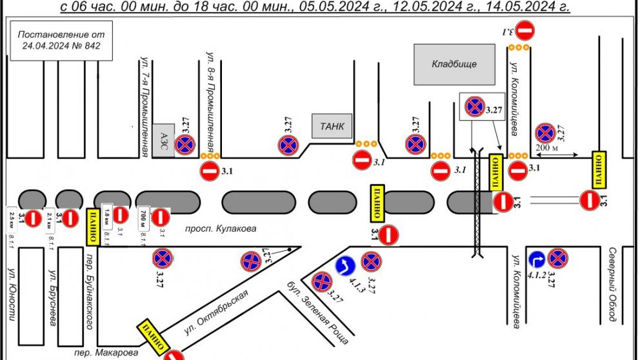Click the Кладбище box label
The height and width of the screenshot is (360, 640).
tap(454, 64)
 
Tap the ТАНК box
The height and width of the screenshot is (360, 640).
tap(332, 126)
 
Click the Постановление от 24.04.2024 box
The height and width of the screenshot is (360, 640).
tap(61, 40)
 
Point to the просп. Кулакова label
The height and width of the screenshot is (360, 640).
tap(221, 228)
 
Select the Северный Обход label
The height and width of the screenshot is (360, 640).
tap(612, 284)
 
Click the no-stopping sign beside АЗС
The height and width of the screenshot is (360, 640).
tap(186, 145)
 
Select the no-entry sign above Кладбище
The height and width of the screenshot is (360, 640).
tap(526, 29)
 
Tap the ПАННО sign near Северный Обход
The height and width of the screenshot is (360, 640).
tap(598, 167)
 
